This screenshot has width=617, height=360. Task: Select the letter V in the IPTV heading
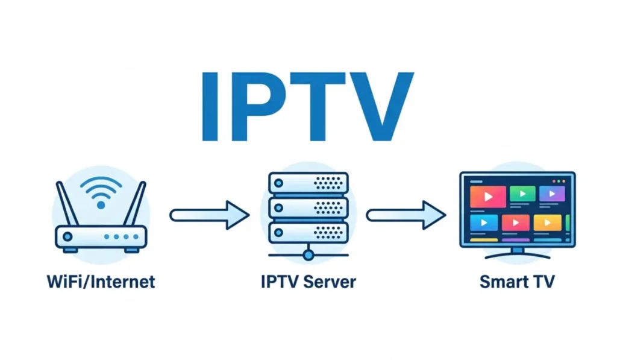(x=379, y=107)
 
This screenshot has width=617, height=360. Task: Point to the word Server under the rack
(x=333, y=282)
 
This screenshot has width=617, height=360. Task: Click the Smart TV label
(x=516, y=282)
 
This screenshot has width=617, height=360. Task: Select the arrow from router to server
(x=209, y=214)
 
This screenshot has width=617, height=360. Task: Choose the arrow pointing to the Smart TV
(x=406, y=214)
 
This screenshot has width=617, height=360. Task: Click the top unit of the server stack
(x=308, y=183)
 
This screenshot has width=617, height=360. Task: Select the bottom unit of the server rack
(x=308, y=232)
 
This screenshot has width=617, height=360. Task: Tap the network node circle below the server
(x=308, y=255)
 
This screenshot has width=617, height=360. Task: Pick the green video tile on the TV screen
(x=522, y=194)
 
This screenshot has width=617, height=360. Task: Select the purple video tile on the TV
(x=551, y=194)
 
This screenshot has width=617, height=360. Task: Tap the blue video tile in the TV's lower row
(x=486, y=223)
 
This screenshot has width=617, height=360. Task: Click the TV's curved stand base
(x=518, y=255)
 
